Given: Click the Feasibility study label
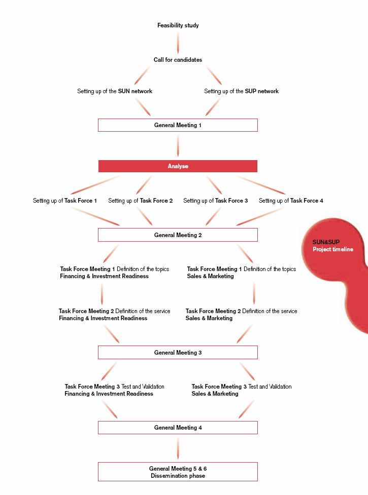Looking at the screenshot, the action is (178, 25).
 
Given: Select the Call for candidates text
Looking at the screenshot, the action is (178, 60).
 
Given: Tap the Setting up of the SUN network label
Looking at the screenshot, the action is (115, 91).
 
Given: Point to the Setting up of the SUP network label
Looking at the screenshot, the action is (241, 91).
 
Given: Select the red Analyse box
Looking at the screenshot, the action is (178, 166).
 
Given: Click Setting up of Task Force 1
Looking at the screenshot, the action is (65, 201).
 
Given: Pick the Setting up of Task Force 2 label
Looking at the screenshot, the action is (141, 201).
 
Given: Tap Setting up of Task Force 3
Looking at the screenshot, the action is (216, 201).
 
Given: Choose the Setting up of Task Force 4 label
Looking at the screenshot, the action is (291, 201).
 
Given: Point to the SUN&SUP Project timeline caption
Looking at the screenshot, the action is (332, 246).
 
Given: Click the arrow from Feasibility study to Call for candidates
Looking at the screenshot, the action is (178, 42).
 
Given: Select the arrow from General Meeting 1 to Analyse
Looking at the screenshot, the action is (178, 145).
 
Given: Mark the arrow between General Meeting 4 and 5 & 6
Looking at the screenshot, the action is (178, 448).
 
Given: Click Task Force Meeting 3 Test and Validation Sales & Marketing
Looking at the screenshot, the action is (242, 390).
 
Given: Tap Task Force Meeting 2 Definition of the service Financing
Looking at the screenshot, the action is (114, 315).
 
